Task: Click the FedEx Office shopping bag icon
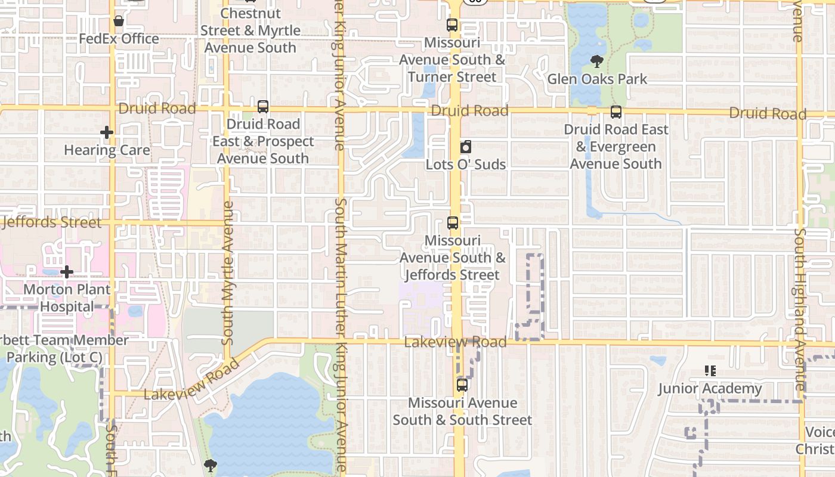click(119, 21)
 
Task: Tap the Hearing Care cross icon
click(107, 132)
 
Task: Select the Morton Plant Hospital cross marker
click(67, 272)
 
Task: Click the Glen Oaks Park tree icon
click(596, 61)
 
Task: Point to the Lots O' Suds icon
click(466, 147)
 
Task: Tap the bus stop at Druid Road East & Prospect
click(263, 107)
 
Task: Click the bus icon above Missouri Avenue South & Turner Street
click(452, 25)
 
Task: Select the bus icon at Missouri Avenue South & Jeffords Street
click(453, 224)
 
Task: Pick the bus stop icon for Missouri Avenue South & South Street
click(462, 385)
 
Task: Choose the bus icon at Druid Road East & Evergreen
click(616, 112)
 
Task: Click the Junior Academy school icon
click(710, 371)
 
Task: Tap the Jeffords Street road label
click(52, 222)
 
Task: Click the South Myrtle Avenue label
click(227, 272)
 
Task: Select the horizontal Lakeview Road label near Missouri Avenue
click(455, 342)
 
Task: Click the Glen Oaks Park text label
click(597, 79)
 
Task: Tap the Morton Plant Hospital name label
click(67, 298)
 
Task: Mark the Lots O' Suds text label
click(466, 165)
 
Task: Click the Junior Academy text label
click(710, 389)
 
